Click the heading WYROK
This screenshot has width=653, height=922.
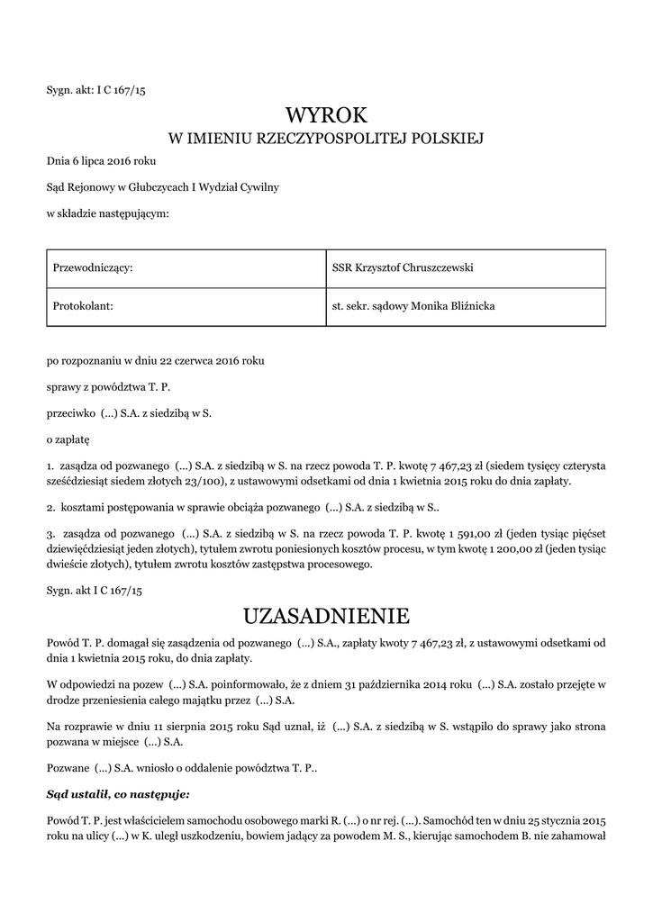point(326,114)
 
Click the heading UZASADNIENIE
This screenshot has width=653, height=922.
point(326,617)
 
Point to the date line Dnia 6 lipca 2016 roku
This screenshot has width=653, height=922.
point(102,161)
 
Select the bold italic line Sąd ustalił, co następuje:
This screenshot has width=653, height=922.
point(118,794)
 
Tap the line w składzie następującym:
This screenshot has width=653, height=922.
point(107,212)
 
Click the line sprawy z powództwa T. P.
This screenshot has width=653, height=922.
point(108,387)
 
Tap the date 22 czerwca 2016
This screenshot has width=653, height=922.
point(188,361)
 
